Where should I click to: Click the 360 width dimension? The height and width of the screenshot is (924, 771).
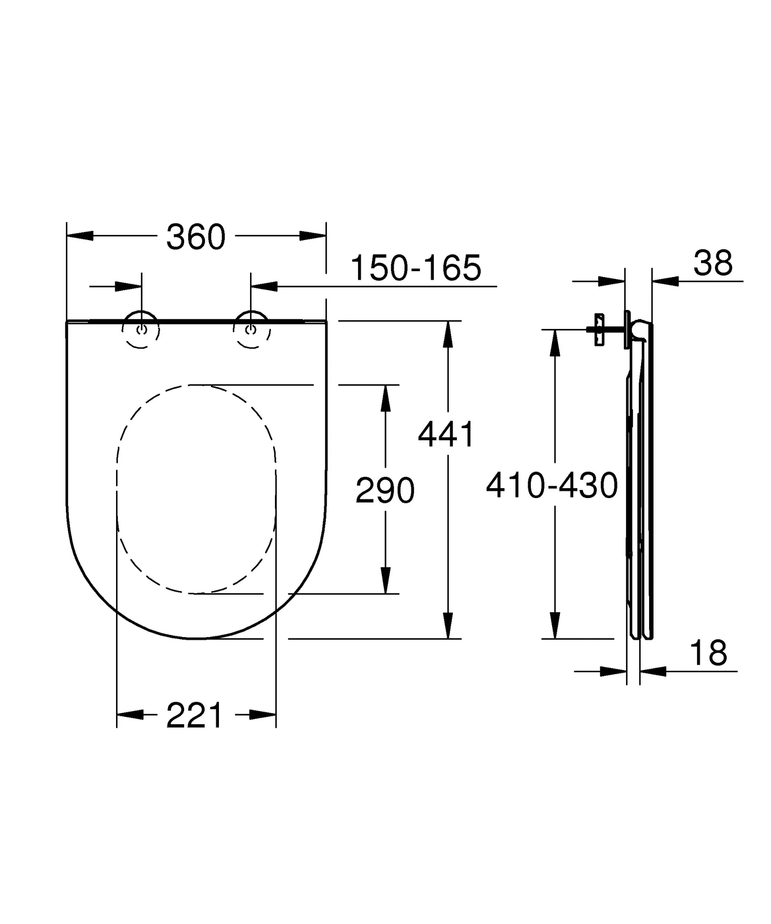pyautogui.click(x=195, y=237)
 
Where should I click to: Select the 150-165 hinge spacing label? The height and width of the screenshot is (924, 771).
pyautogui.click(x=416, y=268)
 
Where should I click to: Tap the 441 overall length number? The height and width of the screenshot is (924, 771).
pyautogui.click(x=446, y=434)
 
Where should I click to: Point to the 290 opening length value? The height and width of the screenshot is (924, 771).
pyautogui.click(x=385, y=490)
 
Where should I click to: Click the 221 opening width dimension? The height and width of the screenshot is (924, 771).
pyautogui.click(x=195, y=715)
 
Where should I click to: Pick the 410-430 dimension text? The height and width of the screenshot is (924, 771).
pyautogui.click(x=552, y=486)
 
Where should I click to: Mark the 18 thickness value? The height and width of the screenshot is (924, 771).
pyautogui.click(x=708, y=653)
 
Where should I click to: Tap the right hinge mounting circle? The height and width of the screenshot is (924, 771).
pyautogui.click(x=251, y=329)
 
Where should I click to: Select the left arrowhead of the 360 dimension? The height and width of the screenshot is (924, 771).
pyautogui.click(x=80, y=236)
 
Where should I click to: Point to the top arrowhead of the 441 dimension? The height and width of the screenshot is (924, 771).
pyautogui.click(x=447, y=334)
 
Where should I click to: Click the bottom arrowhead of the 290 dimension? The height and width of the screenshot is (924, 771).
pyautogui.click(x=385, y=580)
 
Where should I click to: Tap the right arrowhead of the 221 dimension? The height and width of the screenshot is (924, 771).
pyautogui.click(x=263, y=715)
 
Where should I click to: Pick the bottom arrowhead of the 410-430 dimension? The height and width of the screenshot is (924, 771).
pyautogui.click(x=555, y=625)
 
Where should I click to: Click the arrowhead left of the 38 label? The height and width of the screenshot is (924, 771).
pyautogui.click(x=665, y=281)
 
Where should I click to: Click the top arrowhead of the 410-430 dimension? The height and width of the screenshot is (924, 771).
pyautogui.click(x=555, y=343)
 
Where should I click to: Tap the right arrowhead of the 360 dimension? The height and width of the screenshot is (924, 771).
pyautogui.click(x=312, y=236)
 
